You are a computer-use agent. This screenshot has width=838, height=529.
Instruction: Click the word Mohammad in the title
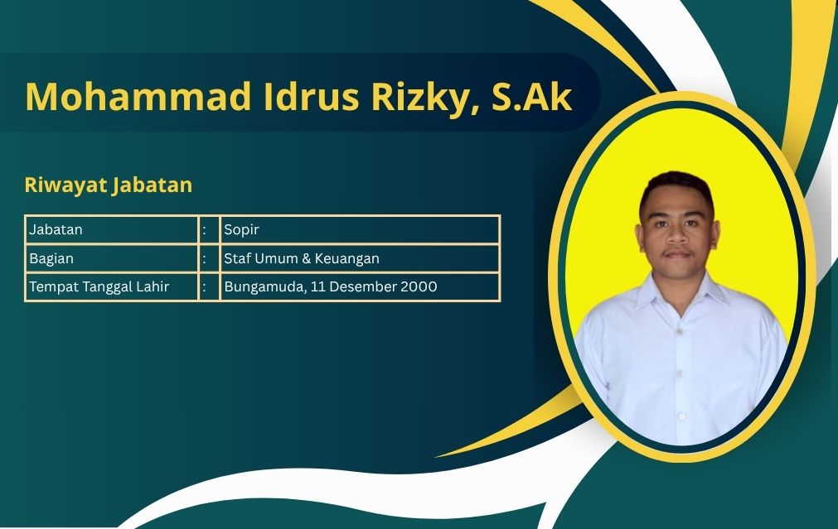(138, 97)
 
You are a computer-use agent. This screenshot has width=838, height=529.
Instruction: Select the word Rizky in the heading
(425, 99)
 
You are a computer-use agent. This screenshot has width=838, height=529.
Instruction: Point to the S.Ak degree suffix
(532, 97)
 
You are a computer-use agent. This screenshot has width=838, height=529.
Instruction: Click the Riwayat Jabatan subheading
(109, 185)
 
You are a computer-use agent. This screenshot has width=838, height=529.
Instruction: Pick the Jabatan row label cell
(112, 229)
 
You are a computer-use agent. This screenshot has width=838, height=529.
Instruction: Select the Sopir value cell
(360, 229)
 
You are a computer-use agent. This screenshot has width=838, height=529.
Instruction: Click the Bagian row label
(51, 259)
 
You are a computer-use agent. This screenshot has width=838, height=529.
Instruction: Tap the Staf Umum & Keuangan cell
(360, 258)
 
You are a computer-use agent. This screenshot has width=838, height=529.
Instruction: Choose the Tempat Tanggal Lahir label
(99, 286)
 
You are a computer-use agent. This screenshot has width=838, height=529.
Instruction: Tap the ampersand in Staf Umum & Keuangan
(306, 259)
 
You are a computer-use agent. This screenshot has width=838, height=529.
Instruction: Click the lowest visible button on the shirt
(681, 416)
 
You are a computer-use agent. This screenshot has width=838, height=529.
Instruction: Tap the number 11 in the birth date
(317, 286)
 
